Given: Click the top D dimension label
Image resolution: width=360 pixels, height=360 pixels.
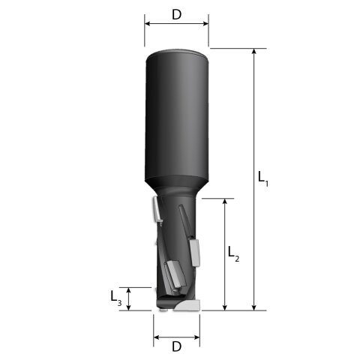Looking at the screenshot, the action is tap(176, 15).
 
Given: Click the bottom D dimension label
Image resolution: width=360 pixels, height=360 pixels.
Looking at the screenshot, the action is tap(176, 346).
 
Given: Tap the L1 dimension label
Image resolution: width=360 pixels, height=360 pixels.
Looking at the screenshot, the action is tap(263, 178).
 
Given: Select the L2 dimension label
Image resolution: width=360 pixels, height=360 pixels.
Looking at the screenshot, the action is tap(233, 253).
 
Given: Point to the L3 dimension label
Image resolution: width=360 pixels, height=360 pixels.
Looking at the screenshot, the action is tap(116, 298).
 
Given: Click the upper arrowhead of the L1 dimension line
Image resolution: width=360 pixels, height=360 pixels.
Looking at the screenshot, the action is tap(254, 51).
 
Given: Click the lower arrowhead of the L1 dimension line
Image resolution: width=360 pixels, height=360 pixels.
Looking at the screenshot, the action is tap(254, 307).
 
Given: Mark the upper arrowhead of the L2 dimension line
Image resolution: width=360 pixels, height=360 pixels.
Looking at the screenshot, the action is tap(225, 201).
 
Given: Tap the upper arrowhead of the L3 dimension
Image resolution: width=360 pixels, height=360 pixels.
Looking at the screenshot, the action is tap(128, 290).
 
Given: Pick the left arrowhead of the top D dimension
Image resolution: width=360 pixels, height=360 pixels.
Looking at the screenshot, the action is tap(148, 24).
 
